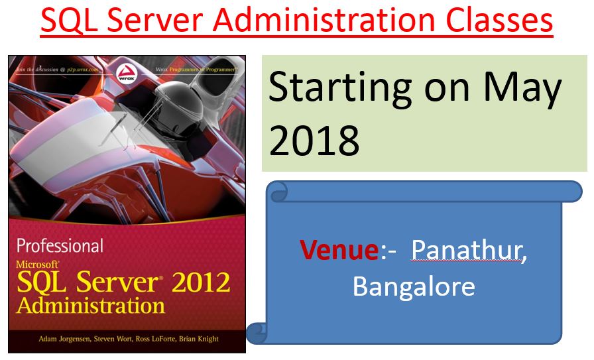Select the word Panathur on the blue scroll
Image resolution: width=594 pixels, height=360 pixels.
tap(469, 251)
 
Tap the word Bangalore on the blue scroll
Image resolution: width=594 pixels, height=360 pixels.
tap(414, 286)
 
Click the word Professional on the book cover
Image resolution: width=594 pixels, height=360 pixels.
tap(60, 246)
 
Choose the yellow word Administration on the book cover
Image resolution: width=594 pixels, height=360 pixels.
tap(91, 306)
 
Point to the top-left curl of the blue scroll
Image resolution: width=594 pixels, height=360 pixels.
tap(277, 192)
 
